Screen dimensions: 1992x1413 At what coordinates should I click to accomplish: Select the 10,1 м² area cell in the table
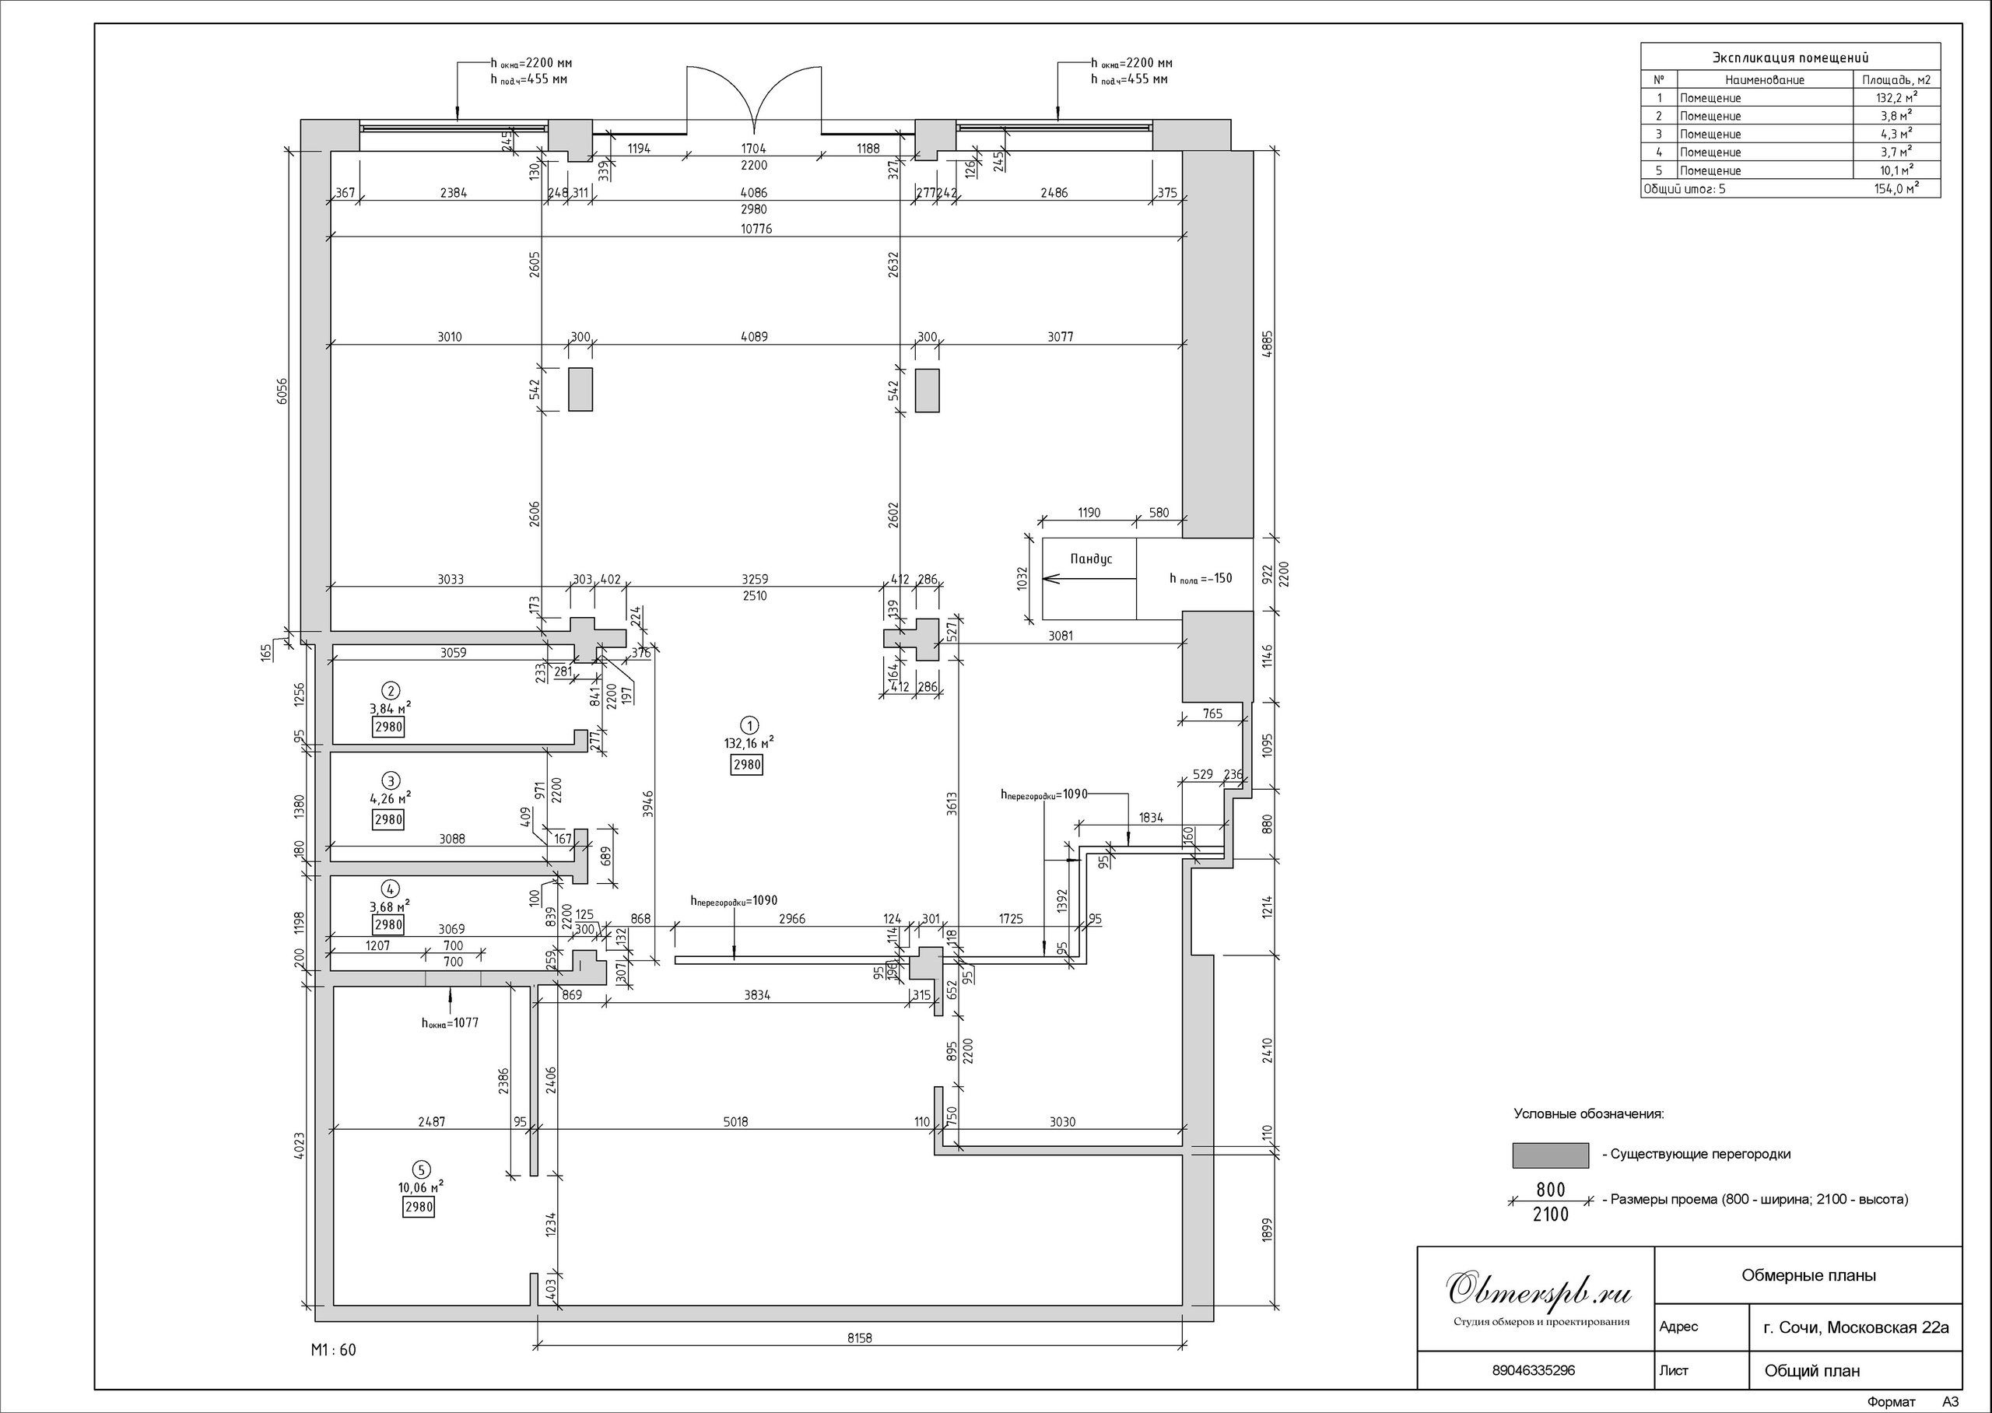(x=1896, y=170)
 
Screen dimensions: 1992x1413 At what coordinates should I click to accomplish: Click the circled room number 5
(x=423, y=1169)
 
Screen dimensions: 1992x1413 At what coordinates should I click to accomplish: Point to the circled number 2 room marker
(x=391, y=691)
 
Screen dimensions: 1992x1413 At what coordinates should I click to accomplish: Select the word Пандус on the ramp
(x=1091, y=559)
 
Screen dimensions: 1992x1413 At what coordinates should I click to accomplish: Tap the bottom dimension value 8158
(x=858, y=1338)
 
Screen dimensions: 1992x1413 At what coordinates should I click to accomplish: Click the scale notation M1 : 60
(x=333, y=1350)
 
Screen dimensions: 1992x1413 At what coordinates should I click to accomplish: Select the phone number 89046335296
(x=1533, y=1370)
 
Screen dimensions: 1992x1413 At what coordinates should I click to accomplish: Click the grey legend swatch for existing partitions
(x=1551, y=1155)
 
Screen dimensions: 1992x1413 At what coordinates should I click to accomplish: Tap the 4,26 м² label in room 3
(x=391, y=798)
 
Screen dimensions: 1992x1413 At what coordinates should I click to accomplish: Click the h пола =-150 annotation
(x=1201, y=579)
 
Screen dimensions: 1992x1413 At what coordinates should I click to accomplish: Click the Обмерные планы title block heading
(x=1808, y=1275)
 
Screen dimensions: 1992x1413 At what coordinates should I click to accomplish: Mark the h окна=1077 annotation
(x=450, y=1023)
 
